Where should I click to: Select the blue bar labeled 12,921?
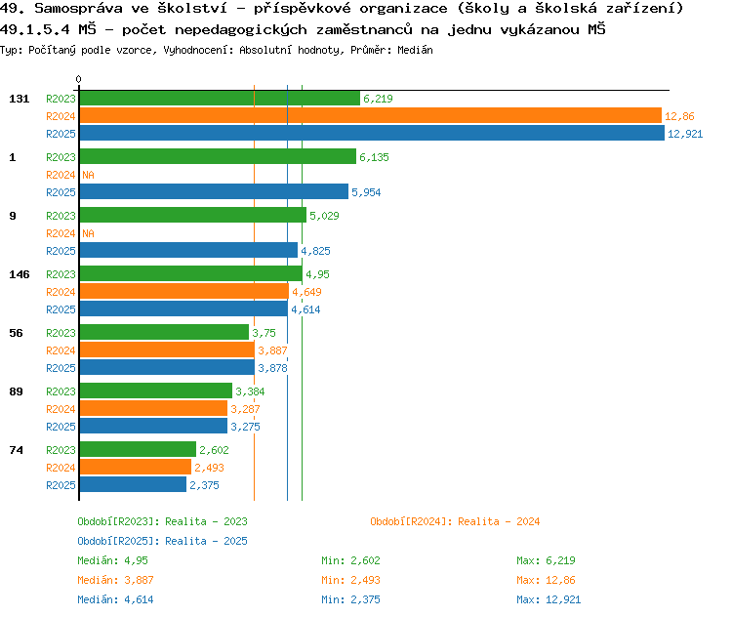coord(371,134)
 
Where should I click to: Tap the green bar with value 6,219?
coord(219,99)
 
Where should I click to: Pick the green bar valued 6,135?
coord(217,157)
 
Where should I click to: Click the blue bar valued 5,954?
coord(213,192)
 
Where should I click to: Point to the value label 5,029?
coord(325,216)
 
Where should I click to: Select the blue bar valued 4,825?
coord(187,251)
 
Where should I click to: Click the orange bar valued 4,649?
coord(183,292)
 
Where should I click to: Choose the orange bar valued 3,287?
coord(152,409)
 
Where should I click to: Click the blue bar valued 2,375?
coord(132,485)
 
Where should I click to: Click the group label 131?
coord(20,99)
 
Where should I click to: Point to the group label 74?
coord(16,450)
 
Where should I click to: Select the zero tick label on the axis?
coord(79,80)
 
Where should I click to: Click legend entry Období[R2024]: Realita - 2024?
coord(455,521)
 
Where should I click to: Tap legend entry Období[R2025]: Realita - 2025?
coord(162,541)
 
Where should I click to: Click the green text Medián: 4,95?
coord(112,560)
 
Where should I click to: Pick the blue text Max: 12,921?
coord(549,599)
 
